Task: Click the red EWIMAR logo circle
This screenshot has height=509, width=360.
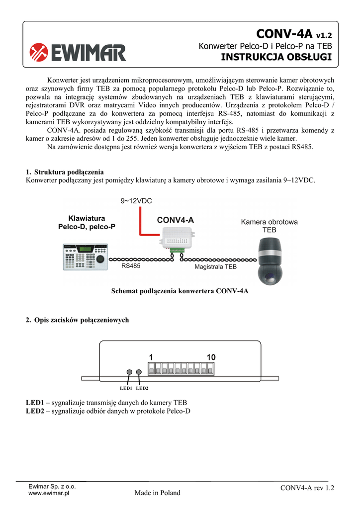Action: click(x=39, y=53)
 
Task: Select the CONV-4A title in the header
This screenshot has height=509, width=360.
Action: click(x=284, y=33)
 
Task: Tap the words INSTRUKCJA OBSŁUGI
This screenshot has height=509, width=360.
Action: click(x=276, y=57)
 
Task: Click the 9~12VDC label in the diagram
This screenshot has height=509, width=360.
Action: click(x=136, y=201)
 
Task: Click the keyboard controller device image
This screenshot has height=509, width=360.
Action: click(x=85, y=257)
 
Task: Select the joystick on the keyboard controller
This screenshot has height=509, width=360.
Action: click(x=100, y=258)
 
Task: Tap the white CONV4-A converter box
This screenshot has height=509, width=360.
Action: click(x=177, y=239)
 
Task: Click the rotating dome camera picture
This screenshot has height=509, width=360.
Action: click(x=270, y=261)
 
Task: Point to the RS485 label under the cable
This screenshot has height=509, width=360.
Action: click(x=131, y=266)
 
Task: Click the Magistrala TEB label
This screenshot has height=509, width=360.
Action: click(x=215, y=266)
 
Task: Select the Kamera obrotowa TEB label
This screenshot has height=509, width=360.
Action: click(x=269, y=226)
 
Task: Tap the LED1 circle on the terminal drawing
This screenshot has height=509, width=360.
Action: click(x=129, y=372)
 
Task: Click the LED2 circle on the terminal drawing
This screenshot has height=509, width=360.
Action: click(x=139, y=372)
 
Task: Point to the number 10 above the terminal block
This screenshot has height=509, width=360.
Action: click(x=211, y=357)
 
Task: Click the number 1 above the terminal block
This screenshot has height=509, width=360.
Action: click(x=151, y=357)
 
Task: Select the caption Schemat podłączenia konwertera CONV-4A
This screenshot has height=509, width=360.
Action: click(x=180, y=291)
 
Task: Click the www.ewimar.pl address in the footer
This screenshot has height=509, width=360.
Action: click(x=49, y=493)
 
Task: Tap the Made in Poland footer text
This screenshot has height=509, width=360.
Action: click(x=158, y=493)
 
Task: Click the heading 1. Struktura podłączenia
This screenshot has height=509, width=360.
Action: click(x=65, y=172)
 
